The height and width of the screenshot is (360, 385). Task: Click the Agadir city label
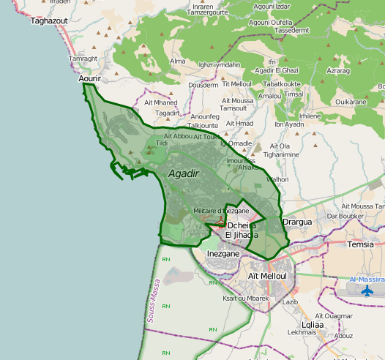[x=183, y=174]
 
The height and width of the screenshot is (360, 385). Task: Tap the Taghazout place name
[x=49, y=21]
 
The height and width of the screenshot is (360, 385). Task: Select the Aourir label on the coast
[x=89, y=78]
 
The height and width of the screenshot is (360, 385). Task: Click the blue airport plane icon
[x=367, y=290]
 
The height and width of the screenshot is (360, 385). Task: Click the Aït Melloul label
[x=266, y=275]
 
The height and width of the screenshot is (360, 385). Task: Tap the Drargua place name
[x=297, y=222]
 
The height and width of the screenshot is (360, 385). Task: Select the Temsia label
[x=361, y=244]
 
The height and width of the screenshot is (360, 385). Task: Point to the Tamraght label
[x=83, y=59]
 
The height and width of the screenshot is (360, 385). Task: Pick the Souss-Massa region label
[x=154, y=300]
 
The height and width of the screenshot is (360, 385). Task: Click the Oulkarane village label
[x=350, y=102]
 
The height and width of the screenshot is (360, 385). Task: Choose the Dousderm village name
[x=203, y=85]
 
